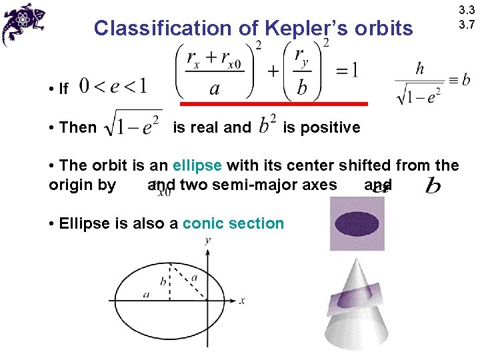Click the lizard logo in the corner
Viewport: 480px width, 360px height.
(23, 23)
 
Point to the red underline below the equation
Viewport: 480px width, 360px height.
(274, 105)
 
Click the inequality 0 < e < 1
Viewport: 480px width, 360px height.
(113, 87)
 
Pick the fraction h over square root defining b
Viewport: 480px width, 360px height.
(419, 83)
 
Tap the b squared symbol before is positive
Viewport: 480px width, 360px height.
(267, 125)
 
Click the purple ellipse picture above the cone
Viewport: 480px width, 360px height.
(357, 225)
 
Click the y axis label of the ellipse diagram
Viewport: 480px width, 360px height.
(208, 240)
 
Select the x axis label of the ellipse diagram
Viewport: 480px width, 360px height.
(242, 301)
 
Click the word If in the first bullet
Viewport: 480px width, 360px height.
(64, 89)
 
